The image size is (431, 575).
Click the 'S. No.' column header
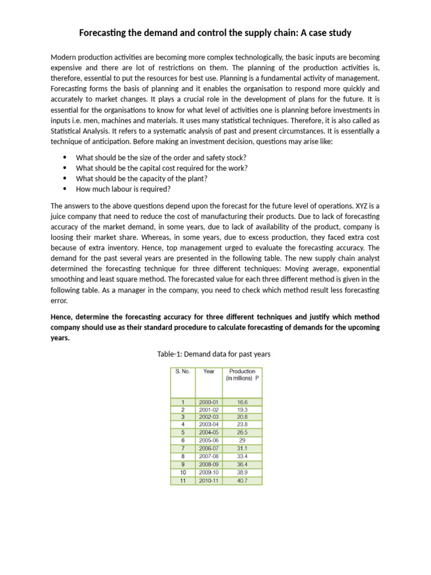(182, 371)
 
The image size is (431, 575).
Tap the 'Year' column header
(209, 371)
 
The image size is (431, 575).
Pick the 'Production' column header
(242, 375)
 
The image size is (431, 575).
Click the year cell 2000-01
(209, 402)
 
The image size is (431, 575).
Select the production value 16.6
(242, 402)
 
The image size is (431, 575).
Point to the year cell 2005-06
(209, 441)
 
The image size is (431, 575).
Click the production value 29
(242, 441)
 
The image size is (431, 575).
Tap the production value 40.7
(242, 481)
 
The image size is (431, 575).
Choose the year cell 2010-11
(209, 481)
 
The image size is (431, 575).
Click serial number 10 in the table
(182, 473)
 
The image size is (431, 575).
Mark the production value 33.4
(242, 457)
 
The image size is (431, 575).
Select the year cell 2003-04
(209, 426)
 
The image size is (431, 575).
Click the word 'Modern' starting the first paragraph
(63, 58)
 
